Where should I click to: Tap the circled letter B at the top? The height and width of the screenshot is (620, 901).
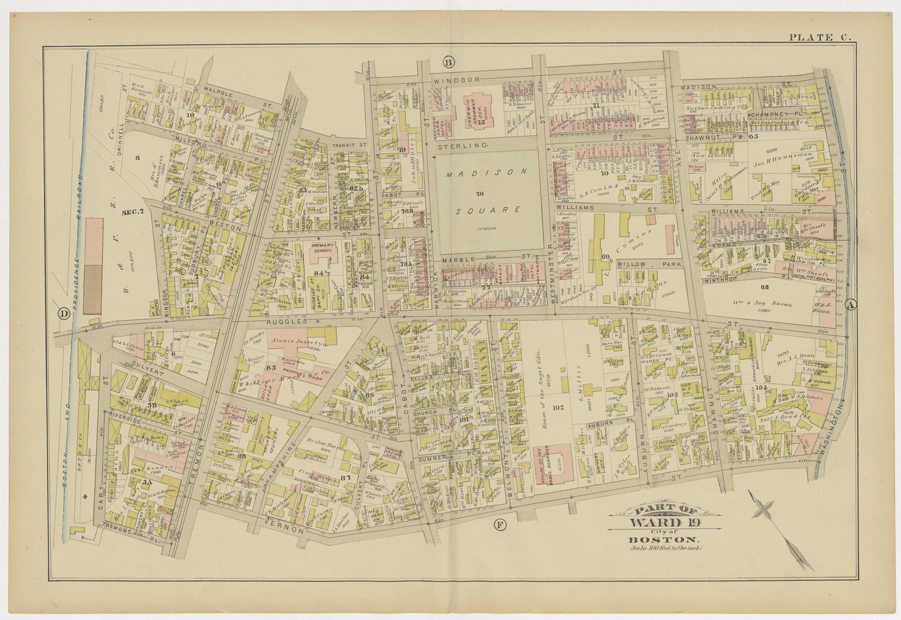click(447, 62)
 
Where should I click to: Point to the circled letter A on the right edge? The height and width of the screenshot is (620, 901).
click(849, 305)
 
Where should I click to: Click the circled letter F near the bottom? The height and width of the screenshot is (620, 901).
click(500, 525)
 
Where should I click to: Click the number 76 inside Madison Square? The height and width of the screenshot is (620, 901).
click(479, 194)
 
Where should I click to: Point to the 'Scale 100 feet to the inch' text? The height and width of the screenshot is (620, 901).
click(666, 547)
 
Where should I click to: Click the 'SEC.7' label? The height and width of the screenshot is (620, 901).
click(133, 212)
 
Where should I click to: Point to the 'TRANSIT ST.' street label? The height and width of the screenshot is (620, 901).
click(351, 145)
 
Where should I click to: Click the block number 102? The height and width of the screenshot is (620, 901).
click(559, 408)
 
